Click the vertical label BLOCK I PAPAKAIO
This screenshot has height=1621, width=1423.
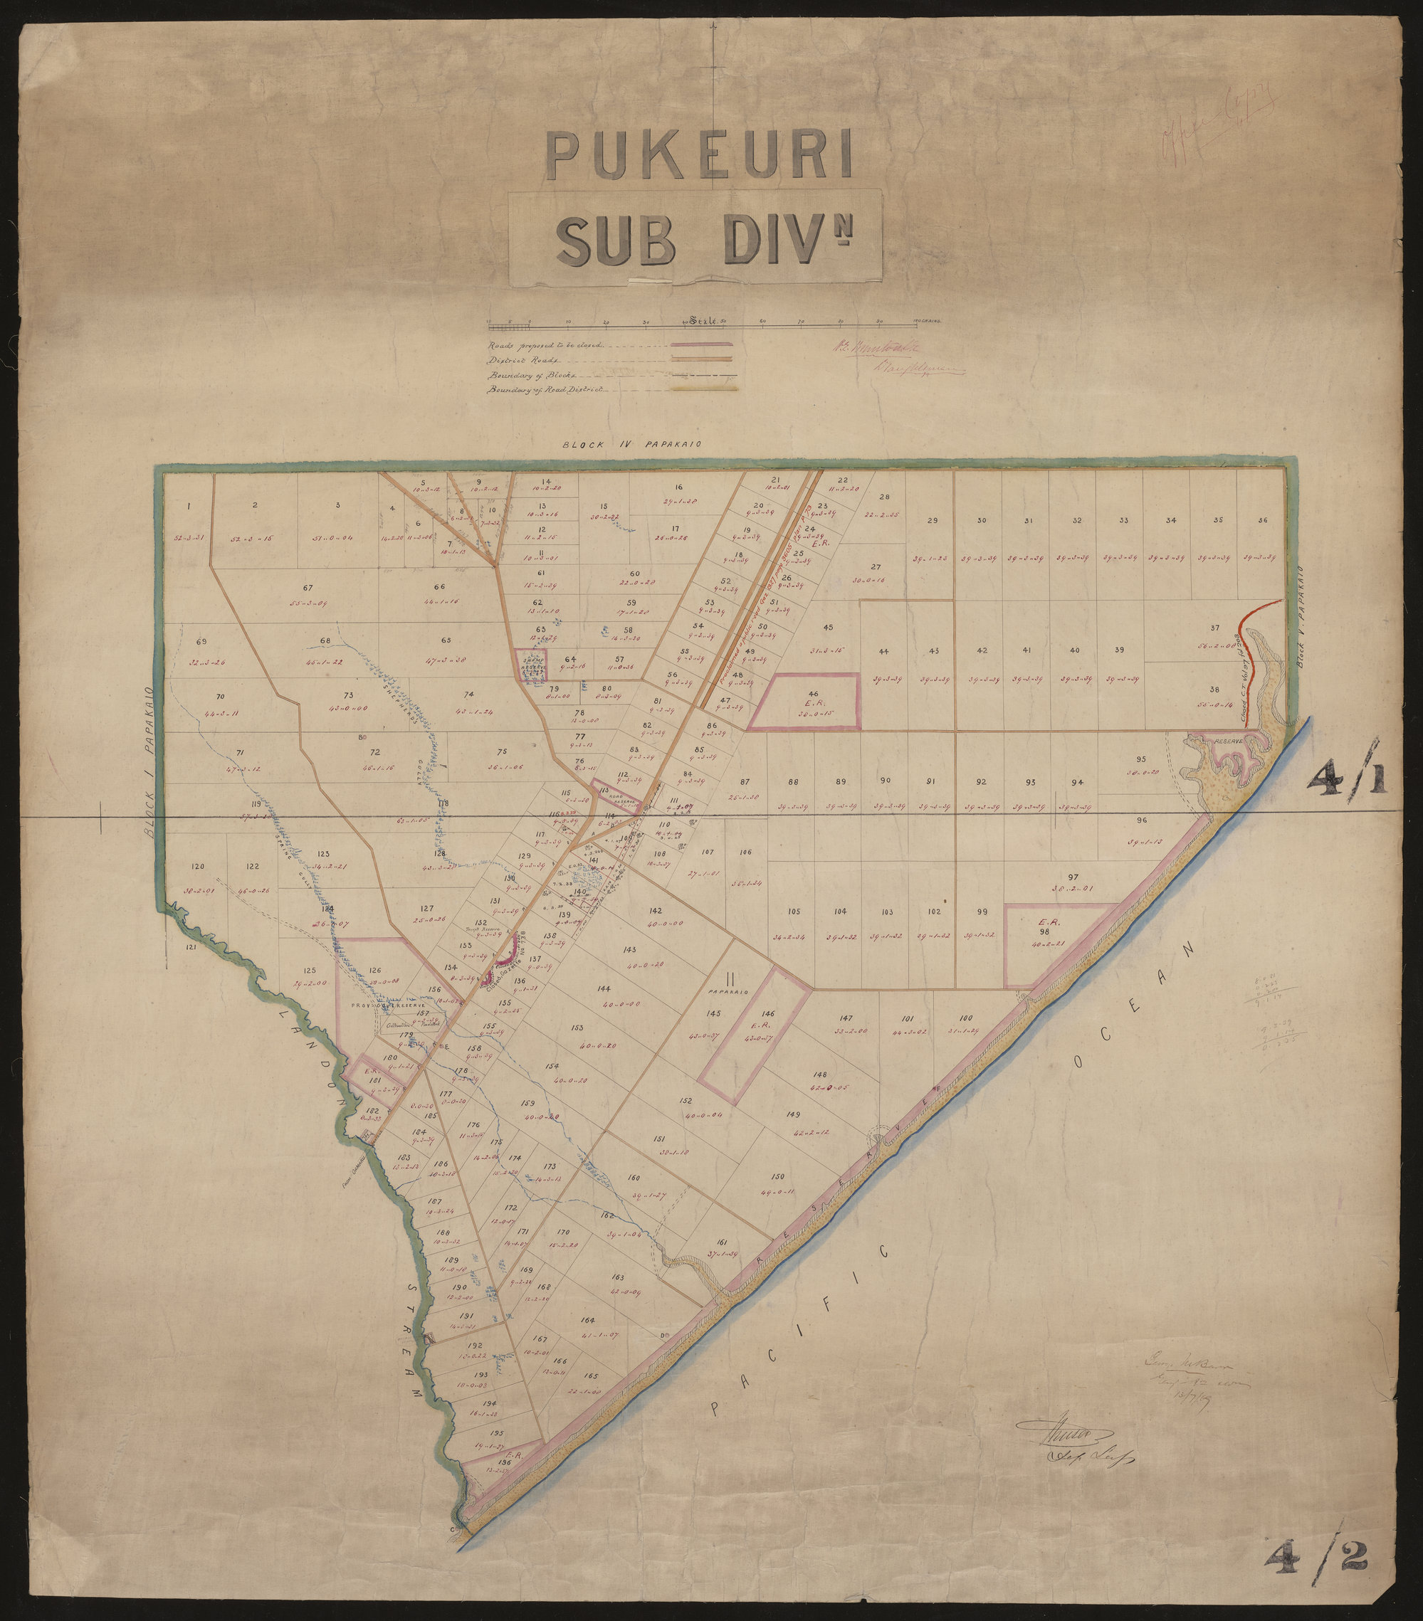click(x=149, y=764)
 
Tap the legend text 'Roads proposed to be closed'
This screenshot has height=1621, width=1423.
click(x=546, y=346)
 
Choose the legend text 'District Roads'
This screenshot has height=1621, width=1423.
click(x=515, y=360)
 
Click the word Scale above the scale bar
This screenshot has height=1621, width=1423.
click(x=703, y=321)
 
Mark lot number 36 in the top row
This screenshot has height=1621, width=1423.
click(x=1262, y=520)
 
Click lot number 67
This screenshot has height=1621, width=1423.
click(x=308, y=588)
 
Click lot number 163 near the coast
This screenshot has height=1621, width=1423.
click(x=619, y=1277)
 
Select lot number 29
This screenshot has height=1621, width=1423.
click(x=933, y=520)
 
